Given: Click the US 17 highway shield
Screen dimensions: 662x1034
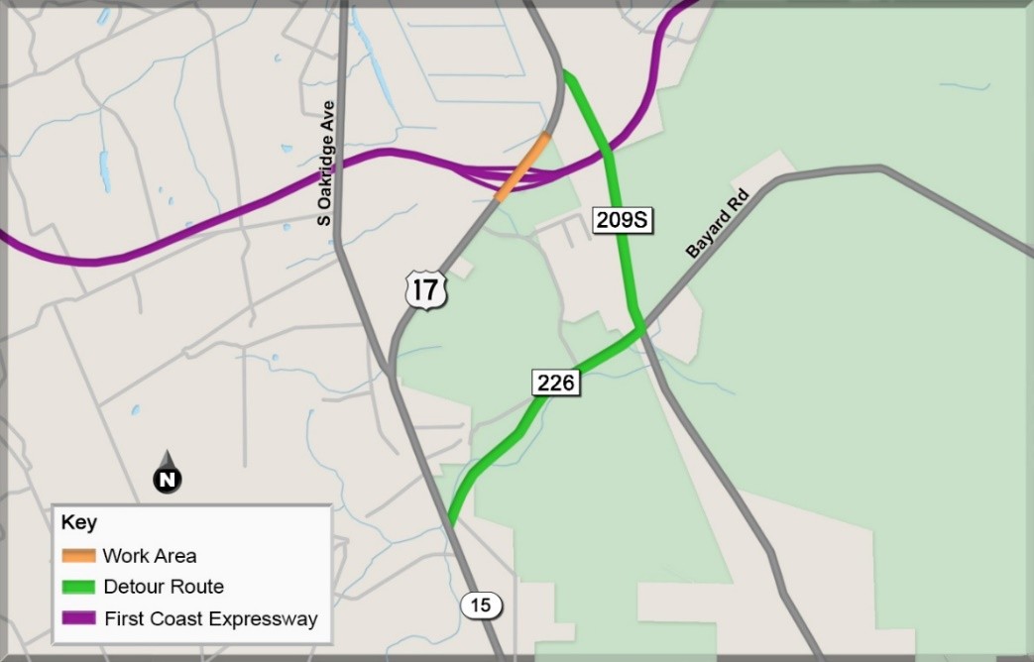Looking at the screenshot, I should (426, 289).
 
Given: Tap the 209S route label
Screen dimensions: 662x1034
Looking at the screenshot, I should (623, 220).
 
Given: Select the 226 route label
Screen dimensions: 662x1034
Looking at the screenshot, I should (555, 383).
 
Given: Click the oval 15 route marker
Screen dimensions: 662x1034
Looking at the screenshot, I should (482, 606).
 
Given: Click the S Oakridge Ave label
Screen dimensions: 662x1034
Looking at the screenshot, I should (325, 164).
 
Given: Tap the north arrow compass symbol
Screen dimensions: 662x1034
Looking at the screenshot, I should (168, 473).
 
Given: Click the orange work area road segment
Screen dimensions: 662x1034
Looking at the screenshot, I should (522, 166).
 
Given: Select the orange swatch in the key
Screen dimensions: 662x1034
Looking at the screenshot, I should (78, 556).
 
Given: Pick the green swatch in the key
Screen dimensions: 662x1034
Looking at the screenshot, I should (78, 587).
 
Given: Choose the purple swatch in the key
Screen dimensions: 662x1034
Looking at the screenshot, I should (78, 618).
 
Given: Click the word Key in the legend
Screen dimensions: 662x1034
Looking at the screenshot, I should (78, 523).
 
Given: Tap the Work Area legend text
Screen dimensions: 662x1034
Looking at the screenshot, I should (150, 556).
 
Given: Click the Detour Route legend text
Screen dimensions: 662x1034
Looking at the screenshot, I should (164, 587).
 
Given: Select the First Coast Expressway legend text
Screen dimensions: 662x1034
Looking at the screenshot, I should (210, 619).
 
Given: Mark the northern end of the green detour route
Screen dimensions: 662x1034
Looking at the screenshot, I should (566, 73).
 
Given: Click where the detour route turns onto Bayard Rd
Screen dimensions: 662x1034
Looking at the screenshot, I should (639, 328).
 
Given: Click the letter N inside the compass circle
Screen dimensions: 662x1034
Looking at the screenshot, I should (168, 481).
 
